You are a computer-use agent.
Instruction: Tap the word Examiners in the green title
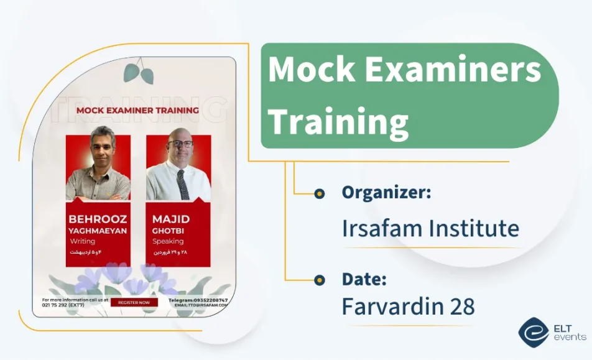coord(453,70)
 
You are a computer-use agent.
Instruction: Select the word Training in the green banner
coord(338,121)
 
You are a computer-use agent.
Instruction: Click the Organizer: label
coord(386,193)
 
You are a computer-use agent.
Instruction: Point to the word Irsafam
coord(381,228)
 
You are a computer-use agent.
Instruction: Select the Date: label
coord(364,279)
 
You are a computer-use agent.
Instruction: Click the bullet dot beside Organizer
coord(320,194)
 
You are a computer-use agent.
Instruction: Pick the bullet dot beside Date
coord(320,280)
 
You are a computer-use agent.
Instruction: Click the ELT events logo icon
coord(533,333)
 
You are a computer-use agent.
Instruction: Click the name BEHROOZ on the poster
coord(98,219)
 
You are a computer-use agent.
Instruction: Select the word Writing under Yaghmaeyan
coord(82,241)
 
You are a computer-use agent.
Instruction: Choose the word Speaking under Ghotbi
coord(168,241)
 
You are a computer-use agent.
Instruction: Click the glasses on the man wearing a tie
coord(180,144)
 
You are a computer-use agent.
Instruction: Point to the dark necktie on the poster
coord(182,184)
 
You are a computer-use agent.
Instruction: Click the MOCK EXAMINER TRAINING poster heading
coord(137,111)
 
